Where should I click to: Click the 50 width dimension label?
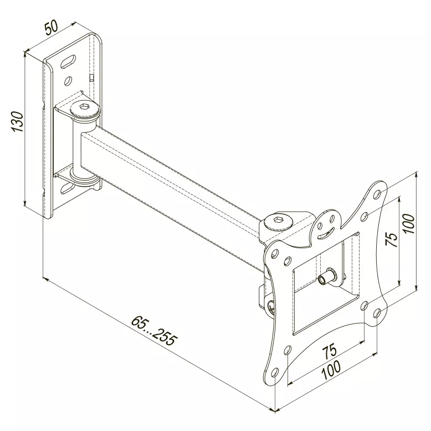click(x=52, y=28)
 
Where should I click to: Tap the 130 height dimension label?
click(x=17, y=121)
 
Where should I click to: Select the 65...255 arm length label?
click(x=153, y=331)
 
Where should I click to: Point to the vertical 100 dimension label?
click(x=409, y=223)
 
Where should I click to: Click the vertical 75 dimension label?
click(x=392, y=239)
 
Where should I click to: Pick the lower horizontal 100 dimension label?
click(x=331, y=370)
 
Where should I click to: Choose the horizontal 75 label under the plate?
click(x=329, y=351)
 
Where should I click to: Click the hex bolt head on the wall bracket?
click(x=85, y=110)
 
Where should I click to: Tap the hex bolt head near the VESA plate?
click(x=278, y=222)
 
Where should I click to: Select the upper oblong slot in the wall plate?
click(x=68, y=61)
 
